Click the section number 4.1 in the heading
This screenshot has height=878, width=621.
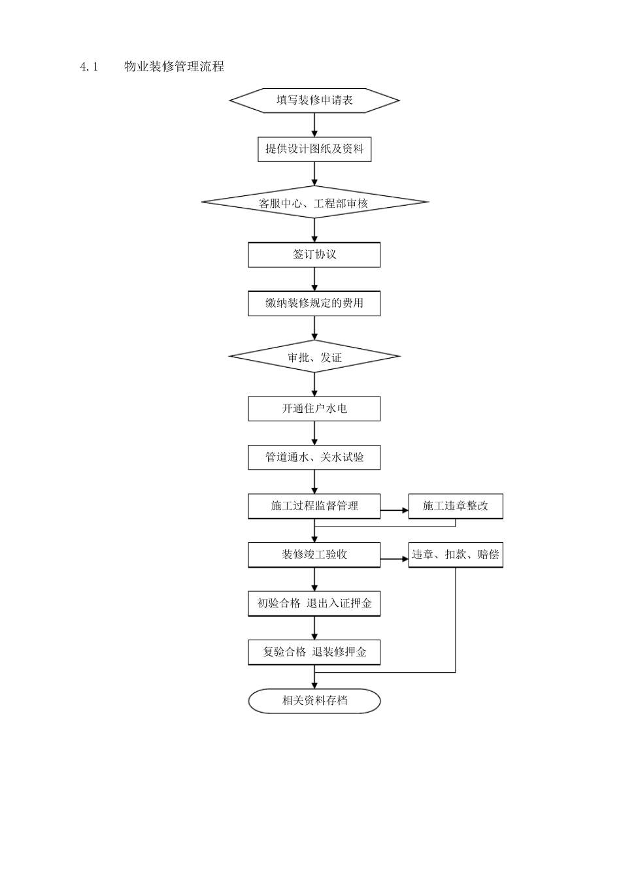[x=88, y=67]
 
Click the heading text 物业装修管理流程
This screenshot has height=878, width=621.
[x=174, y=67]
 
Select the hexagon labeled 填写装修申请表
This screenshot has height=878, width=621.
[x=314, y=100]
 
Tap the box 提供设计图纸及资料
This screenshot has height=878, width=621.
[x=314, y=149]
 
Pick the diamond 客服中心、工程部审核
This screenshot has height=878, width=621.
[x=314, y=203]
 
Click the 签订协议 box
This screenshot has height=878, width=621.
[x=314, y=255]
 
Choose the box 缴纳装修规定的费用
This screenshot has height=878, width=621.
[x=314, y=303]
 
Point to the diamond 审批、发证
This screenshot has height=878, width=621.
[x=314, y=357]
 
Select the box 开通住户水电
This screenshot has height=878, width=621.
[x=314, y=409]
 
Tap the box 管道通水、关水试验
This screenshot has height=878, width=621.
[x=314, y=457]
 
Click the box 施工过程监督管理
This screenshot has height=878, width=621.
[x=314, y=506]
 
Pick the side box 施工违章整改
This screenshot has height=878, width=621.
[x=456, y=506]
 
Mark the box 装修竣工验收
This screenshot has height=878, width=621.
[x=314, y=555]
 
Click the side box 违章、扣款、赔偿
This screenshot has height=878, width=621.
[x=456, y=555]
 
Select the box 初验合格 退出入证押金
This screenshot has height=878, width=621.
[x=314, y=604]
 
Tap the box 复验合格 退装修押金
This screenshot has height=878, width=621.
[x=314, y=652]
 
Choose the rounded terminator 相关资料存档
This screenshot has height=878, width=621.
[x=314, y=701]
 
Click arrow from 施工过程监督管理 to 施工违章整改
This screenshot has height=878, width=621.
[x=394, y=510]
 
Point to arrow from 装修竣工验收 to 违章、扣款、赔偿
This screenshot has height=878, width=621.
[x=394, y=559]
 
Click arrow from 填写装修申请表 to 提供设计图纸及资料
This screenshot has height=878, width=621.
[x=314, y=125]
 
